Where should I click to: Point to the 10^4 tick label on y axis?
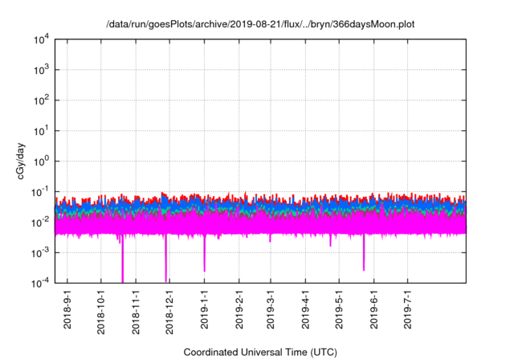point(40,39)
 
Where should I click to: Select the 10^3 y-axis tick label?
point(40,70)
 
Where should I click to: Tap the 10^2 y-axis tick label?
point(40,100)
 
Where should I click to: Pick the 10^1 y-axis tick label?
point(40,130)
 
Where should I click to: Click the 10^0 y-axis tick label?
point(40,161)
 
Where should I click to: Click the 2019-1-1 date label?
point(204,309)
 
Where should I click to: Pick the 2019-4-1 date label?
point(306,309)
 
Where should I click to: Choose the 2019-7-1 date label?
point(408,309)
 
